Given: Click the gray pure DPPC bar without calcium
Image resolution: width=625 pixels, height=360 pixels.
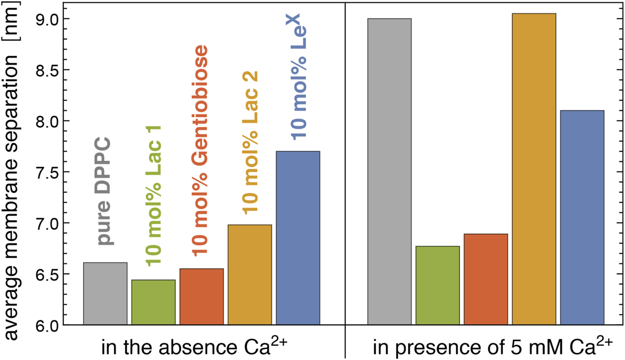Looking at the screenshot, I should click(x=105, y=294).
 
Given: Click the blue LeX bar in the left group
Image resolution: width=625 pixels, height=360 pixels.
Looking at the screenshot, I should click(x=298, y=238).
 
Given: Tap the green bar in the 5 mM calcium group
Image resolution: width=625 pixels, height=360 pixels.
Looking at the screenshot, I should click(x=438, y=286).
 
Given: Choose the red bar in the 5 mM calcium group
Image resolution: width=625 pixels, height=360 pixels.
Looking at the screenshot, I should click(x=486, y=279).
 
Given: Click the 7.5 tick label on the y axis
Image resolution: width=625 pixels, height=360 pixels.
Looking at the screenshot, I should click(x=49, y=172).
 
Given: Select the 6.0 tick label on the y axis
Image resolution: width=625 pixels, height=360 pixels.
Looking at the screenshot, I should click(x=49, y=325).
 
